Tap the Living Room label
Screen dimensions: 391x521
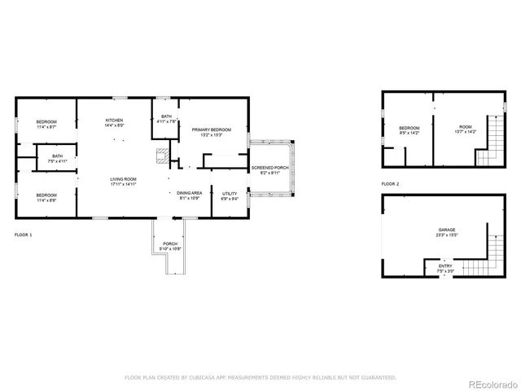coord(124,179)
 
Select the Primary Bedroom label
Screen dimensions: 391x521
coord(212,130)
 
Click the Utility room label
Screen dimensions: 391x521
coord(230,194)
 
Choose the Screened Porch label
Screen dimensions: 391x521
coord(269,168)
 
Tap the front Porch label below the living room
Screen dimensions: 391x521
coord(170,244)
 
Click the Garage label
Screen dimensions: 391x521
coord(446,231)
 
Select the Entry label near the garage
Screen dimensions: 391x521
coord(446,266)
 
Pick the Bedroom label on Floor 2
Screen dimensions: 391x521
coord(409,128)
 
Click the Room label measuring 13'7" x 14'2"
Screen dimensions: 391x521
coord(465,127)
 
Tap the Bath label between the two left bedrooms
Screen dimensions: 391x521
coord(57,156)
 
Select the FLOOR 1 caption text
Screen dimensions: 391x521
coord(24,234)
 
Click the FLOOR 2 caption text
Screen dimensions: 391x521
coord(391,184)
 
